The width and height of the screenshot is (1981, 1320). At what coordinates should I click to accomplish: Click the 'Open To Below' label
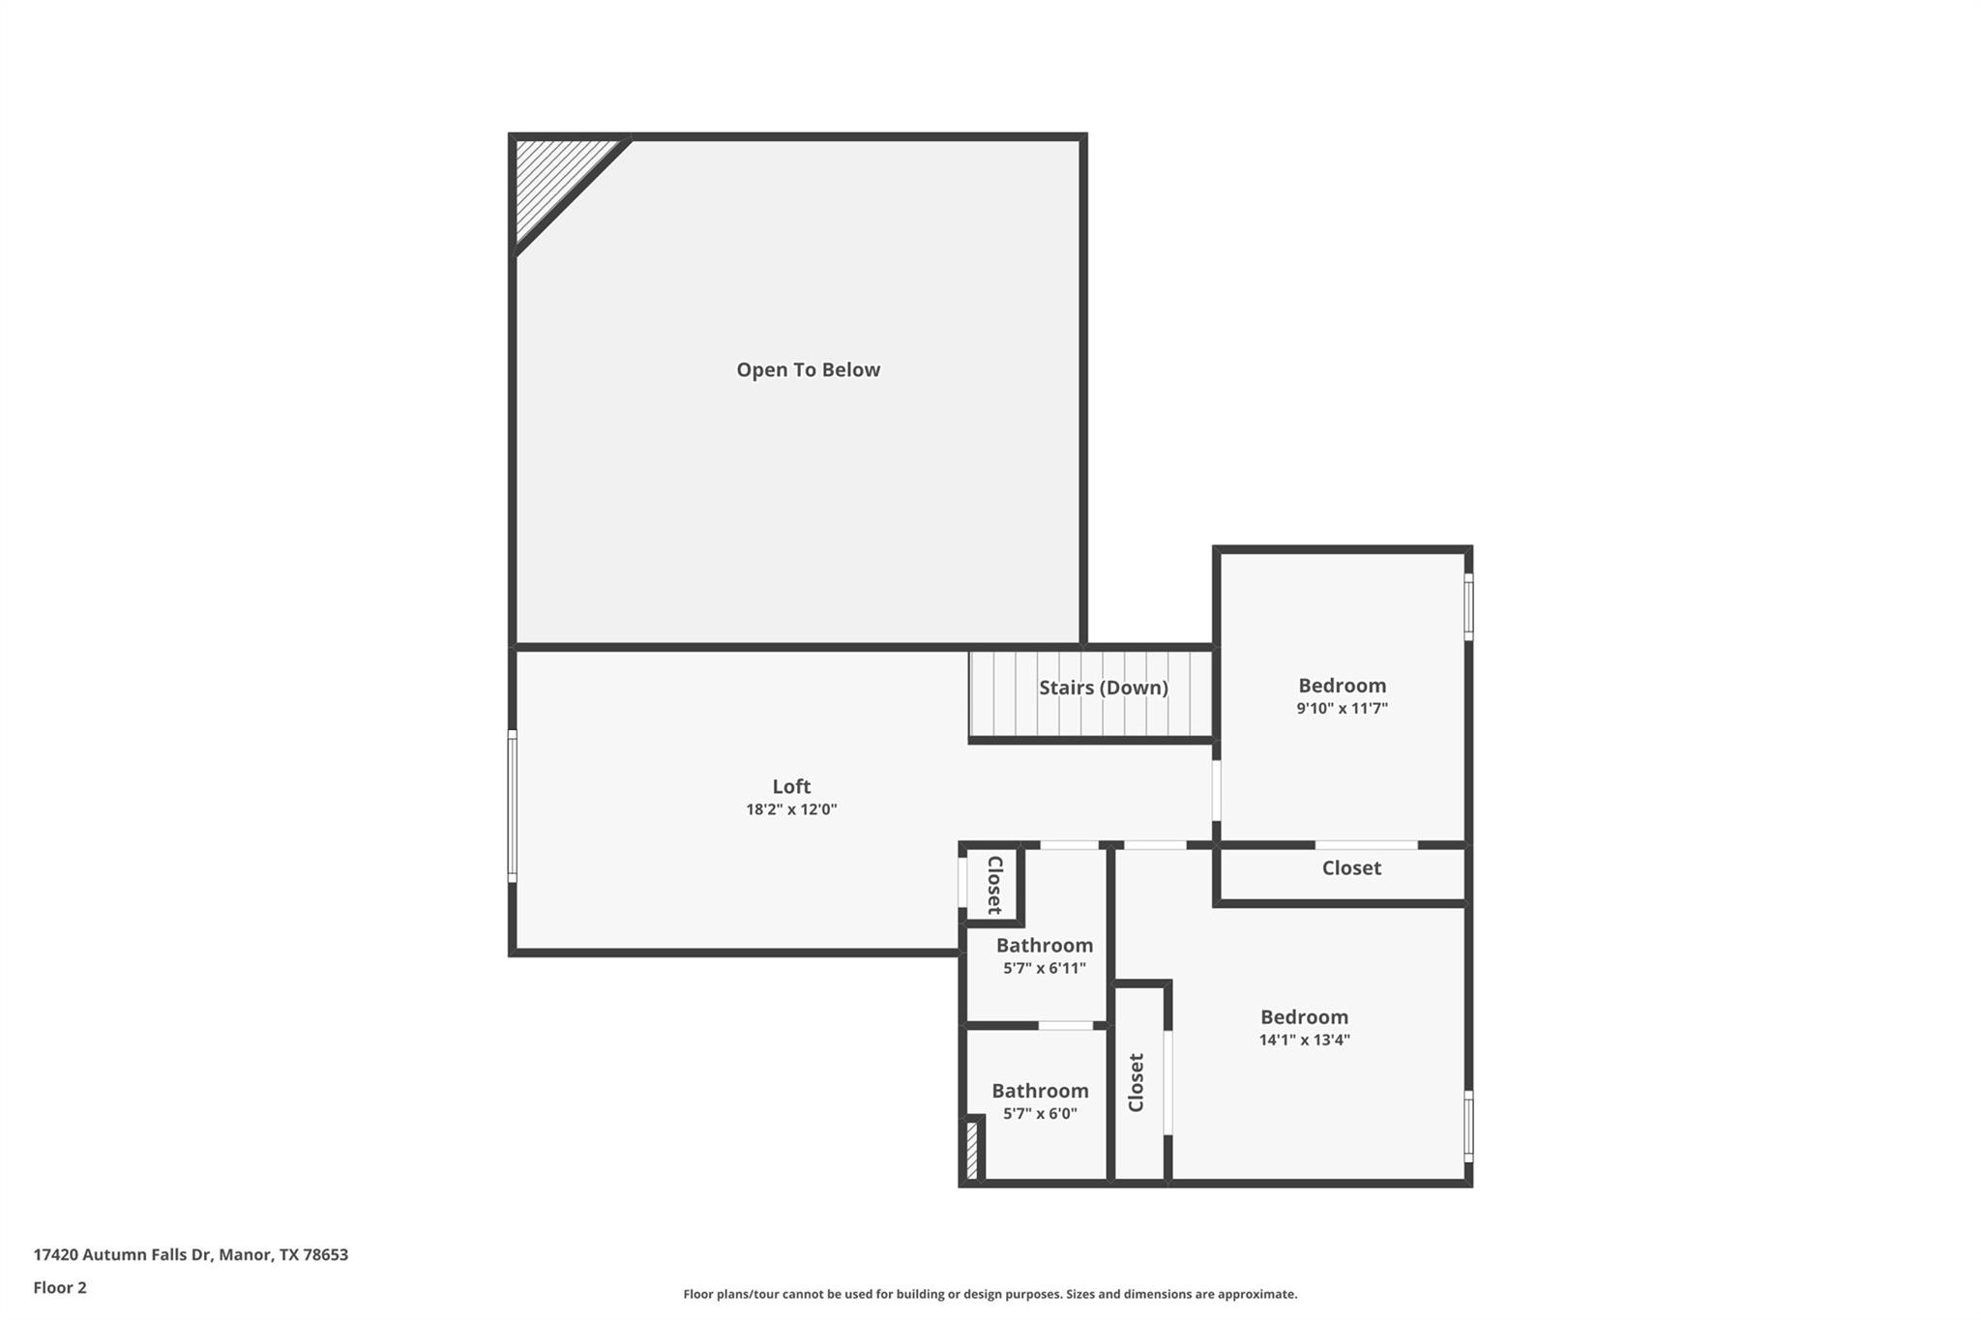click(808, 369)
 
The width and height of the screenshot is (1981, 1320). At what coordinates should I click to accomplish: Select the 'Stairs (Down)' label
click(1103, 688)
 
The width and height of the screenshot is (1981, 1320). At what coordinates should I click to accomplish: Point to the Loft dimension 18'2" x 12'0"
click(790, 809)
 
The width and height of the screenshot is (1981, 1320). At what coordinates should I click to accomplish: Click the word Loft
click(790, 786)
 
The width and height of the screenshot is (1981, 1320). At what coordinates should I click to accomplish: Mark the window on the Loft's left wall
click(512, 806)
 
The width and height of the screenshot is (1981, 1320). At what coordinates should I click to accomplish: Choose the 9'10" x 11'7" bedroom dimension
click(1342, 708)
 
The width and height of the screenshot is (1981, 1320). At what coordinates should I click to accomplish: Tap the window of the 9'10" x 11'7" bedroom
click(1467, 606)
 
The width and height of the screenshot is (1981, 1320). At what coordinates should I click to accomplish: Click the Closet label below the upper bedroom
click(1350, 867)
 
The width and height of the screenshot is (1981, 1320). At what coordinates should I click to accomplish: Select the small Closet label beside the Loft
click(993, 884)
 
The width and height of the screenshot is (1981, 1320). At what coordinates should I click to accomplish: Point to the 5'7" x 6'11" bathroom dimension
click(1044, 968)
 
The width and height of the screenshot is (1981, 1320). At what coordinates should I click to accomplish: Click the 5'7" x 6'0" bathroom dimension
click(1040, 1113)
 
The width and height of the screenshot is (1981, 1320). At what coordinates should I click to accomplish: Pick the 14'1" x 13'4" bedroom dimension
click(1304, 1041)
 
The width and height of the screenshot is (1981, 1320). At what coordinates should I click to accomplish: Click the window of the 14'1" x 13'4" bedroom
click(1467, 1126)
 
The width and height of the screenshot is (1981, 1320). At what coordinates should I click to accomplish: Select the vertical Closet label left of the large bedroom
click(1137, 1082)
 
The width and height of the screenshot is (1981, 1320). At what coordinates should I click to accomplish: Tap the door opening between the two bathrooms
click(1065, 1025)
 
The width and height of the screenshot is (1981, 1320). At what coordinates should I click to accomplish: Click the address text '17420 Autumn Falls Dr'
click(122, 1254)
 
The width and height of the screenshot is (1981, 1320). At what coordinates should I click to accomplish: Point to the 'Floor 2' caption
click(60, 1287)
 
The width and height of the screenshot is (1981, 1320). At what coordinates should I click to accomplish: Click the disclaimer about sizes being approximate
click(990, 1294)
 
